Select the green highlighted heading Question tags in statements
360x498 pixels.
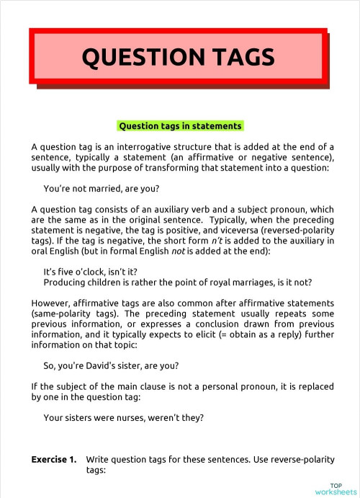(x=180, y=125)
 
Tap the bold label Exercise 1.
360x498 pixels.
(x=54, y=459)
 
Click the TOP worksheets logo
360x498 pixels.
(x=334, y=488)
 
